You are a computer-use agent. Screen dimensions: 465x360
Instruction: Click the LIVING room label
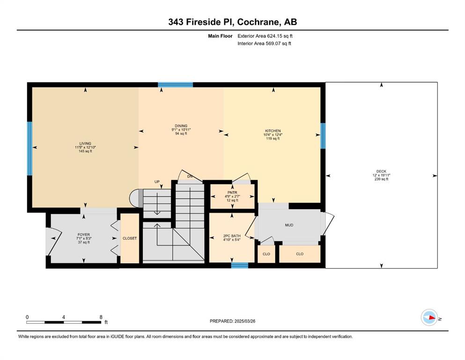[x=85, y=143]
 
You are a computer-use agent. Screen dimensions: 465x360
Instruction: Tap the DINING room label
[x=181, y=126]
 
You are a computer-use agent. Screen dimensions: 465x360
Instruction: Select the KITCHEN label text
[x=273, y=131]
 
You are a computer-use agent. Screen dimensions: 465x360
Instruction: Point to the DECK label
[x=381, y=171]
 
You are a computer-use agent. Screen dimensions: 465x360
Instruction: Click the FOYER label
[x=84, y=234]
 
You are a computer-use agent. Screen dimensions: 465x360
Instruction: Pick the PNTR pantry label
[x=232, y=193]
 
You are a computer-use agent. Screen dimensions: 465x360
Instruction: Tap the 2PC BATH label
[x=232, y=236]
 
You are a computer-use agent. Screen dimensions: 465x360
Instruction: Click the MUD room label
[x=289, y=225]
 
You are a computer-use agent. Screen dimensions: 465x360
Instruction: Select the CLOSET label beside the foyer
[x=130, y=238]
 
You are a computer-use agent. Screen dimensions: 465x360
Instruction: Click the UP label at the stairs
[x=157, y=181]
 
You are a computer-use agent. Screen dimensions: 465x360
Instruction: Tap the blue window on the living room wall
[x=30, y=149]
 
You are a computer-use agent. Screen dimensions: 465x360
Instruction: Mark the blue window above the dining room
[x=176, y=84]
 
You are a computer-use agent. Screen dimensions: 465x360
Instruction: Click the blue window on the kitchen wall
[x=323, y=135]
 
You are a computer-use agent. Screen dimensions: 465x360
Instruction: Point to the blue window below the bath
[x=240, y=265]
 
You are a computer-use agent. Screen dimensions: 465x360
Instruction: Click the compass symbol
[x=429, y=317]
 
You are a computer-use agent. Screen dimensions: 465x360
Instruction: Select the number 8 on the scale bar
[x=101, y=317]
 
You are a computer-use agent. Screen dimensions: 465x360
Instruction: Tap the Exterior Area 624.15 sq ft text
[x=265, y=36]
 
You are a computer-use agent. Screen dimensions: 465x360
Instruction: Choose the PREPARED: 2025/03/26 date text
[x=232, y=321]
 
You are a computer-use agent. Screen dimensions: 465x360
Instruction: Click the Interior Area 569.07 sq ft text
[x=264, y=43]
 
